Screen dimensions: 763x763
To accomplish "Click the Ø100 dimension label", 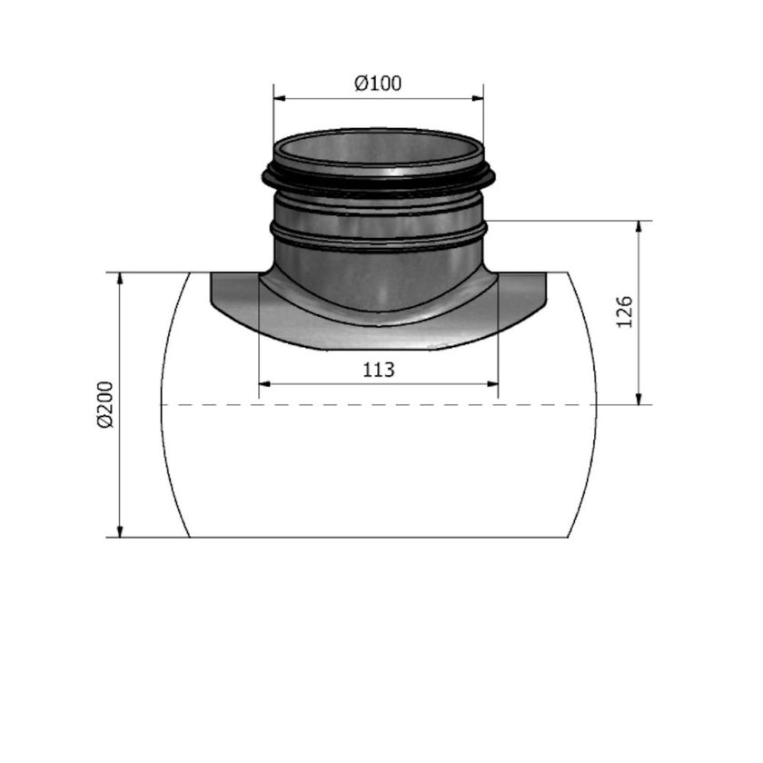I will coord(378,84).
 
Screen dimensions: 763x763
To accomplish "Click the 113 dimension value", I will coord(379,370).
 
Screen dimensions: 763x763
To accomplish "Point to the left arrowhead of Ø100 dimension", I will coord(279,98).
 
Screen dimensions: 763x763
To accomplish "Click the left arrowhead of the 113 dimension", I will coord(264,383).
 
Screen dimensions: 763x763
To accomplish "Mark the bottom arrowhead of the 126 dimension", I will coord(639,399).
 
